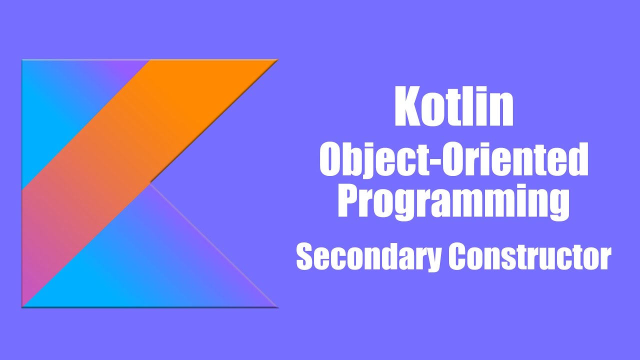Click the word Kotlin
(x=453, y=107)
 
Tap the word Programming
(x=453, y=201)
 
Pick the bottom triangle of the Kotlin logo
(x=150, y=265)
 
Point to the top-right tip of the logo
(x=276, y=60)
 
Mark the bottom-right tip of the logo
(x=276, y=306)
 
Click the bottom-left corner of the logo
(x=23, y=306)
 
